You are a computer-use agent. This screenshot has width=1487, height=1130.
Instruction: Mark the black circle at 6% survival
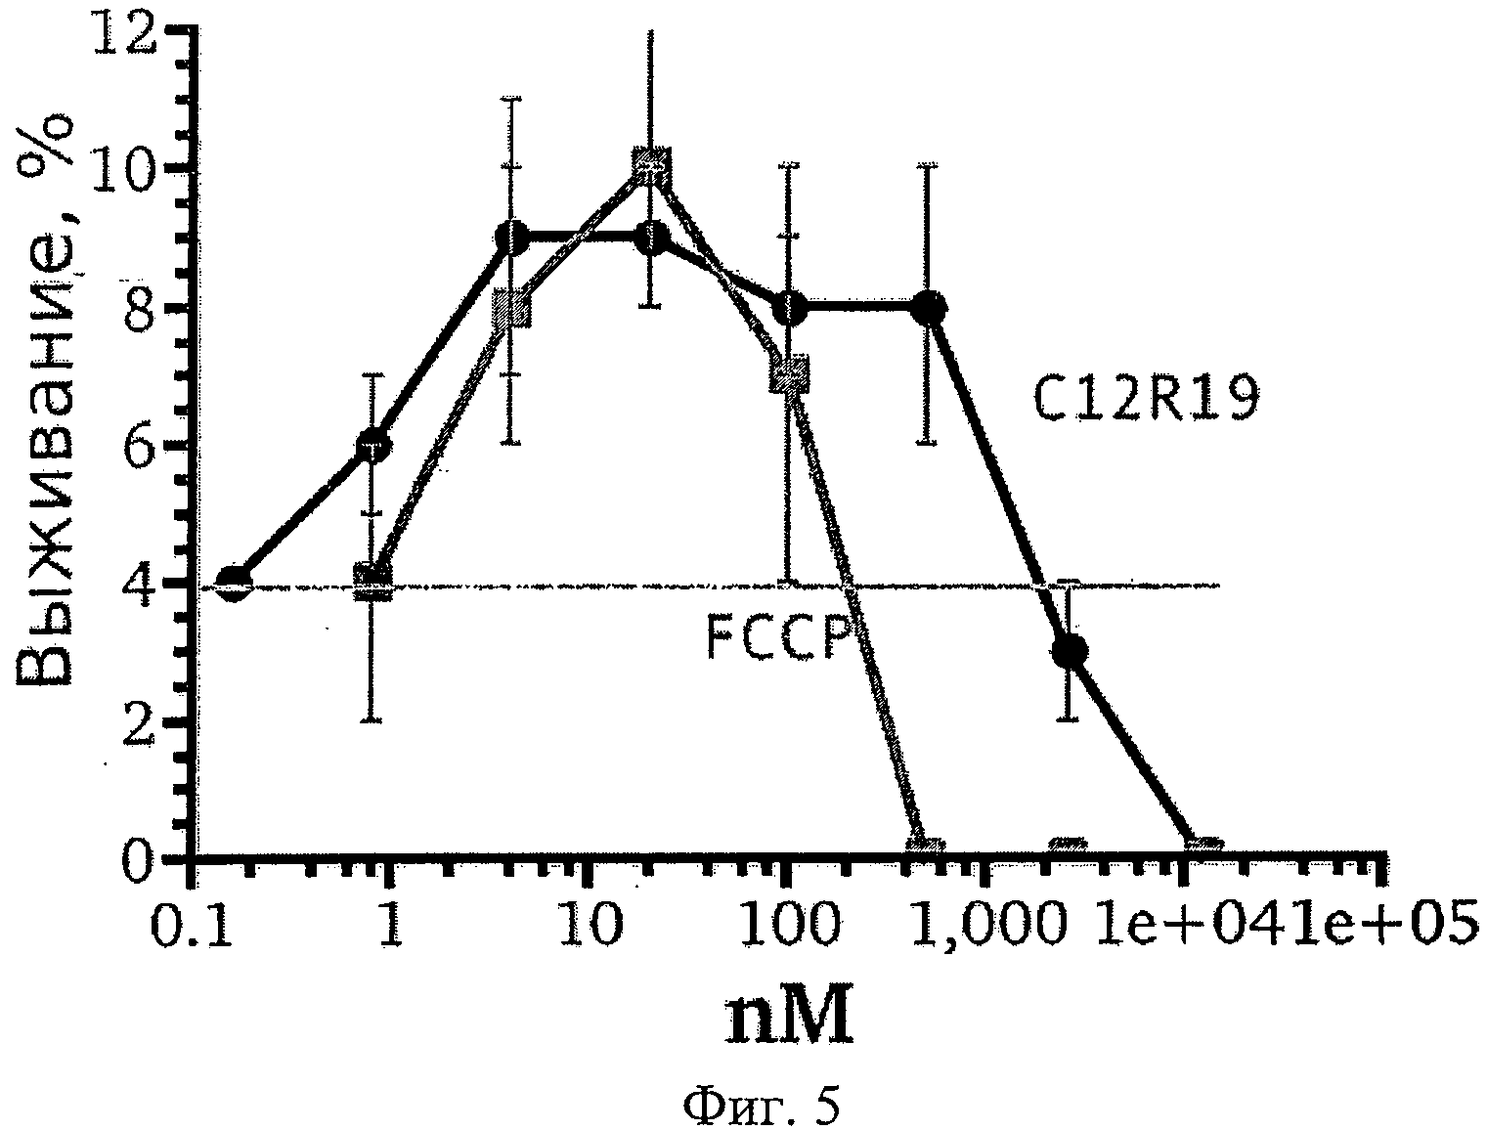point(373,447)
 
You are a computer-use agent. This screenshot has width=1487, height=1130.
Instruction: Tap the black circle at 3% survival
point(1072,650)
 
